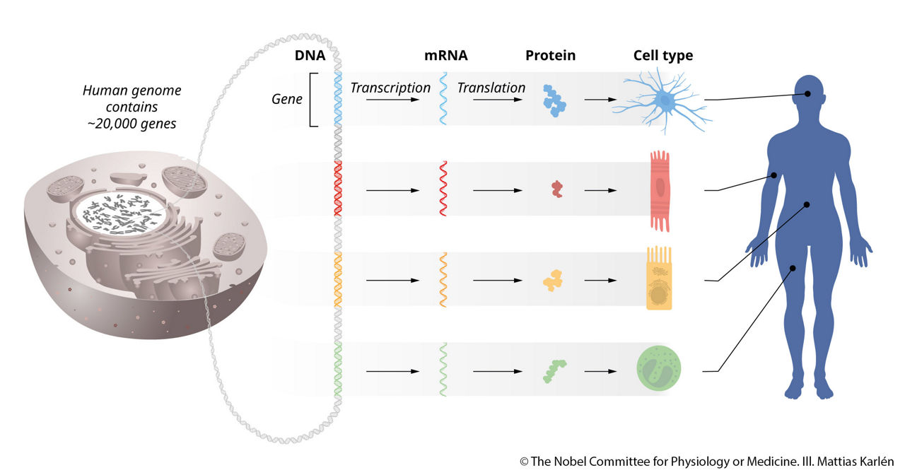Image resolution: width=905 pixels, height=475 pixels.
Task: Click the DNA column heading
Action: coord(310,56)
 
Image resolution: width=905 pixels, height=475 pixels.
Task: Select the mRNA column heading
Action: coord(445,56)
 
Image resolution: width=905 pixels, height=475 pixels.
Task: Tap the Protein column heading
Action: coord(550,56)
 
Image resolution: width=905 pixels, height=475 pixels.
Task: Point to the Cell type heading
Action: coord(663,56)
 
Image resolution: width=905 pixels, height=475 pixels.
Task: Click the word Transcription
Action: coord(390,88)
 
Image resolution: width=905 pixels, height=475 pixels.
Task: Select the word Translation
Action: coord(491,88)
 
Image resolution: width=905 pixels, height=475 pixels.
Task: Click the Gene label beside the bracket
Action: coord(287,100)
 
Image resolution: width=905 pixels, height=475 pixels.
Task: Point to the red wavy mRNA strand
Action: coord(443,189)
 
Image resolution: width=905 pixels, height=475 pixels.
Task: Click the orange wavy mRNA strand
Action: coord(443,280)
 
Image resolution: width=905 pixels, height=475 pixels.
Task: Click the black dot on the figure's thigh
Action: coord(793,268)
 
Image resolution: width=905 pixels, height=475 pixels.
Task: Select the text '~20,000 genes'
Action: coord(132,123)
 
